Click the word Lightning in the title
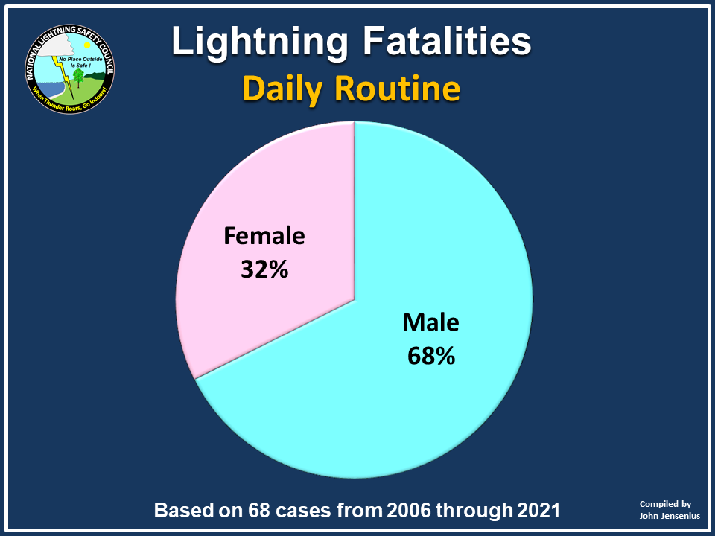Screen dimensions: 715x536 click(259, 42)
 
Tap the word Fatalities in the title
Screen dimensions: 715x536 click(447, 40)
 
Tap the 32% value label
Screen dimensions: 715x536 click(264, 269)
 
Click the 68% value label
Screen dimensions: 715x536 click(431, 356)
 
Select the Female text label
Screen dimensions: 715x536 click(264, 236)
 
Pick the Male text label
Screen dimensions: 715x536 click(430, 322)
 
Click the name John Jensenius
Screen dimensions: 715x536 click(670, 516)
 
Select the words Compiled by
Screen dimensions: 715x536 click(665, 504)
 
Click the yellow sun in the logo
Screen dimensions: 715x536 click(87, 45)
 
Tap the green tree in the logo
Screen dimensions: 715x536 click(78, 77)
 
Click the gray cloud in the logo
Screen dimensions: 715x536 click(56, 45)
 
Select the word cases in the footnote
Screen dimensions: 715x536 click(302, 511)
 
